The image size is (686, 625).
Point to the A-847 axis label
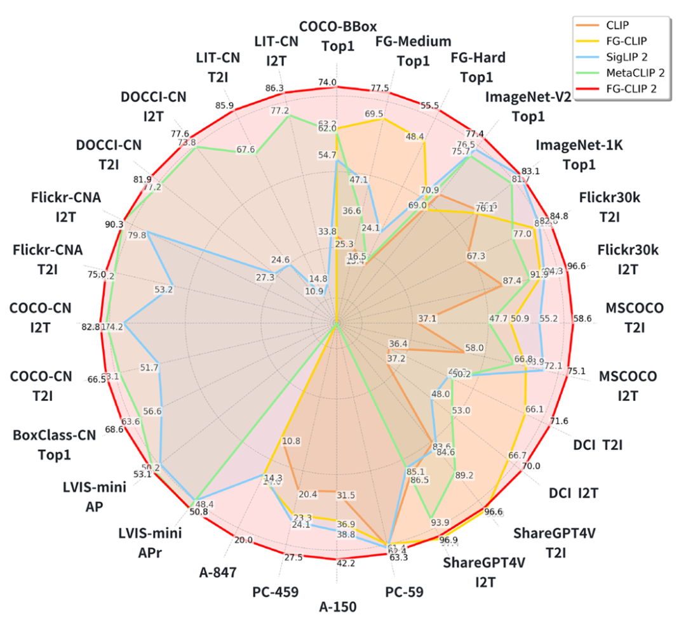216,573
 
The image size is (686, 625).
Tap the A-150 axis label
337,607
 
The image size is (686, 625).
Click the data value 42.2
337,563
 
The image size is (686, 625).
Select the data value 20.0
243,541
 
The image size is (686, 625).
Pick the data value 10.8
292,441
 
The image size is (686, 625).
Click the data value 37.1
427,318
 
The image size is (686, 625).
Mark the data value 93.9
440,523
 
